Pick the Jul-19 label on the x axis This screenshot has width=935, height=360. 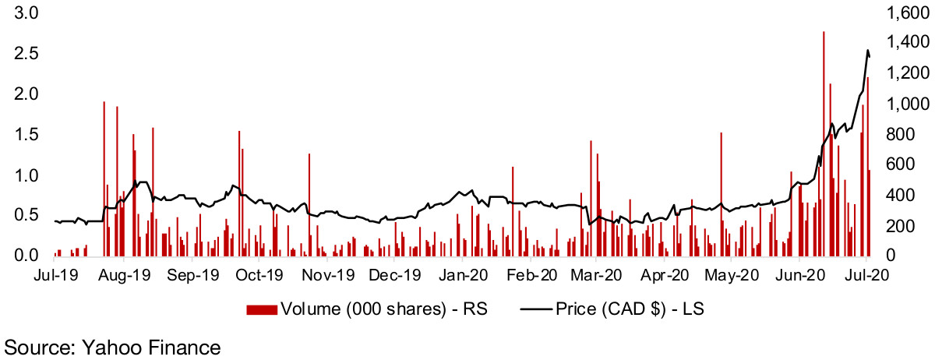click(x=55, y=275)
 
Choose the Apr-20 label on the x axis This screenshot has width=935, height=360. click(x=665, y=275)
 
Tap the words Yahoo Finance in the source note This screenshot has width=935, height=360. click(x=146, y=345)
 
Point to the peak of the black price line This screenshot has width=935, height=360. click(x=868, y=51)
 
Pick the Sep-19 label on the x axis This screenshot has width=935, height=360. click(x=192, y=275)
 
